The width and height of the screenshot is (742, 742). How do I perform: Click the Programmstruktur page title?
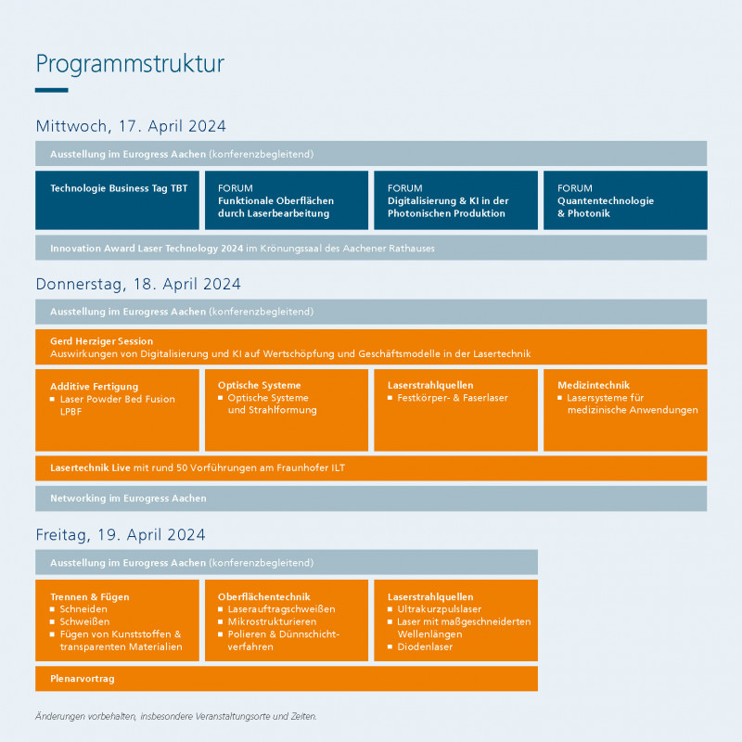coord(130,64)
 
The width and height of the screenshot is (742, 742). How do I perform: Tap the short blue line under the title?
coord(52,90)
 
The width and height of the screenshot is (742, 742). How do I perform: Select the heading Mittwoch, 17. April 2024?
coord(131,126)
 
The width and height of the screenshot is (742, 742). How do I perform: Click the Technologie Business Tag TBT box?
coord(118,198)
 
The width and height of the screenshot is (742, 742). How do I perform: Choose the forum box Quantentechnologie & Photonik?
coord(624,200)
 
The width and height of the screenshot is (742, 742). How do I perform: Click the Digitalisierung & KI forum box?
coord(455,200)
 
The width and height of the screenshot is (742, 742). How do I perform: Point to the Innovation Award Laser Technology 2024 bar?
coord(371,248)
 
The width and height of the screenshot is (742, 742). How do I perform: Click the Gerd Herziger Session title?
coord(102,341)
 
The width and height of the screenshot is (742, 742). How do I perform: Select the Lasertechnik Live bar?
coord(371,467)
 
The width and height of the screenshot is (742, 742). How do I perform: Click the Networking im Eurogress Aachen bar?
coord(371,498)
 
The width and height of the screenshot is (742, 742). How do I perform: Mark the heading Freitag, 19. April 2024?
coord(121,535)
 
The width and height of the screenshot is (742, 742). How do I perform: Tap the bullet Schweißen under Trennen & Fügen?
coord(85,621)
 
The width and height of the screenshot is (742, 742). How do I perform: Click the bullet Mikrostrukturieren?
coord(272,621)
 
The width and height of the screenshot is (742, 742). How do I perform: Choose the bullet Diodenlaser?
coord(425,646)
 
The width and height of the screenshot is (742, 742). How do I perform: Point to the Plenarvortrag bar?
coord(286,678)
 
